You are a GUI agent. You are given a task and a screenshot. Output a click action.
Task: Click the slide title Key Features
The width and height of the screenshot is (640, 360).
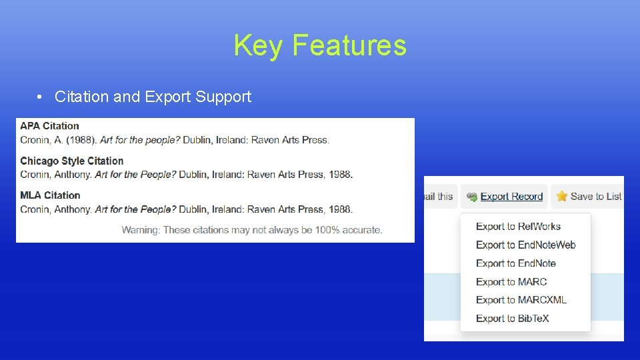[x=319, y=46]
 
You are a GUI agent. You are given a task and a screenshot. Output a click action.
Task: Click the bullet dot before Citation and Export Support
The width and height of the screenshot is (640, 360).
[x=41, y=97]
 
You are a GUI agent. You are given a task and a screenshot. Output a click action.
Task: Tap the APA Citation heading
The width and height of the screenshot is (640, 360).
[x=49, y=125]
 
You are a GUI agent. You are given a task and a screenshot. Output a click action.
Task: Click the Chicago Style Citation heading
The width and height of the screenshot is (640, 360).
[x=71, y=161]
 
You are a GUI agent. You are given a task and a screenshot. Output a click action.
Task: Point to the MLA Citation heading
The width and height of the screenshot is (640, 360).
[x=50, y=195]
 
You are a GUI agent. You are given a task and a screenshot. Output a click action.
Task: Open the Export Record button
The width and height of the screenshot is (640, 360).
[x=505, y=196]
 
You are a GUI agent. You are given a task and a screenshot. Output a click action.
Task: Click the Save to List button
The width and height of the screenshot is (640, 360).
[x=589, y=196]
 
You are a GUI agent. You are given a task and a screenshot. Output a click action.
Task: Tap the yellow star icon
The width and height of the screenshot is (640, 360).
[x=562, y=196]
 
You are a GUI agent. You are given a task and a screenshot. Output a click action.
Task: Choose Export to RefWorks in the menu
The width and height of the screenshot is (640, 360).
[x=518, y=227]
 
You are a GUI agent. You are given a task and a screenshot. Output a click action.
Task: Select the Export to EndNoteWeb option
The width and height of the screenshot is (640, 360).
[x=525, y=245]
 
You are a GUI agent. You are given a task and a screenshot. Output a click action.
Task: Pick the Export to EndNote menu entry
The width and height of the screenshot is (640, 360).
[x=515, y=263]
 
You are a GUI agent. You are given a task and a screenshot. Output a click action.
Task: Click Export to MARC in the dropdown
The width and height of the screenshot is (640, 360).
[x=511, y=282]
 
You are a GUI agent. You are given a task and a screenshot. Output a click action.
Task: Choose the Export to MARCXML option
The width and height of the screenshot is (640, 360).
[x=521, y=300]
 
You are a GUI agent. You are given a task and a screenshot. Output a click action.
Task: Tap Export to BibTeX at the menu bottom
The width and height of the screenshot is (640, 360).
[x=512, y=319]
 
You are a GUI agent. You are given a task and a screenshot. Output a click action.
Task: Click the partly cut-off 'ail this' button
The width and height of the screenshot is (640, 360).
[x=439, y=196]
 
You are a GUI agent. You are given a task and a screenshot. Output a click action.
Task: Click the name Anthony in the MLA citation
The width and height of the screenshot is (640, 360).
[x=75, y=209]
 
